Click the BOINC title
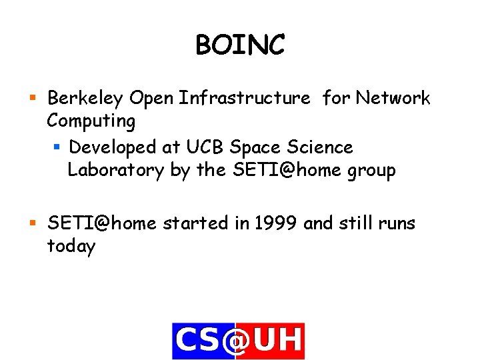click(x=240, y=45)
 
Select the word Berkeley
click(x=85, y=99)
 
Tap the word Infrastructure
click(x=246, y=99)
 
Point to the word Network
click(x=393, y=99)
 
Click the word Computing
click(x=91, y=122)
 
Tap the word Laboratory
click(x=115, y=171)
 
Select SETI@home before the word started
click(x=101, y=223)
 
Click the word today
click(x=71, y=247)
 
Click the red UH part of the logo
click(x=279, y=341)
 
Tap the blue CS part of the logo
click(x=197, y=341)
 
